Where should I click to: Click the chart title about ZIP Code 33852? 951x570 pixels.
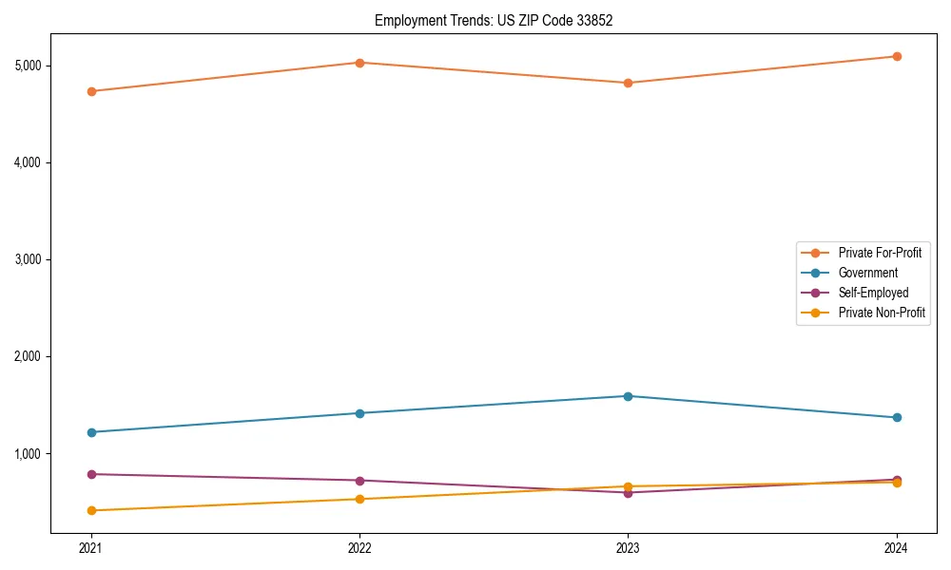(x=493, y=20)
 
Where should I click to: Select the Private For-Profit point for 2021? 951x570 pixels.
(x=91, y=91)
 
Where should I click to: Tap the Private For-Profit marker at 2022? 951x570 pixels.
(x=359, y=63)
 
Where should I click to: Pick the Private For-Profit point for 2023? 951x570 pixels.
(x=628, y=83)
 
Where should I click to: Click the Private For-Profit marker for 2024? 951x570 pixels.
(x=897, y=56)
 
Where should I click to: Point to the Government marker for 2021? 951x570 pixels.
(x=91, y=432)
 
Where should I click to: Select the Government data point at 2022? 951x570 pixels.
(x=359, y=413)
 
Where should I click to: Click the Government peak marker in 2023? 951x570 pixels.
(x=628, y=396)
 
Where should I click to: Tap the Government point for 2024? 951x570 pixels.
(x=897, y=417)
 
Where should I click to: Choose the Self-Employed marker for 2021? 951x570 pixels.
(x=91, y=474)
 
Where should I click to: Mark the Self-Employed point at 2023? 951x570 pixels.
(x=628, y=492)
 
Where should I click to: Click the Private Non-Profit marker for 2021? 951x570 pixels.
(x=91, y=510)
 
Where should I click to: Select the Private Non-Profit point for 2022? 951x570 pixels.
(x=359, y=499)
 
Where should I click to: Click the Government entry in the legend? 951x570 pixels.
(x=867, y=273)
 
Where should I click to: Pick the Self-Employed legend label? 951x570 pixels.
(x=873, y=293)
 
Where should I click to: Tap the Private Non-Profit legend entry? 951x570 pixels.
(x=882, y=313)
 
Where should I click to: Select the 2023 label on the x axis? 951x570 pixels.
(x=628, y=547)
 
